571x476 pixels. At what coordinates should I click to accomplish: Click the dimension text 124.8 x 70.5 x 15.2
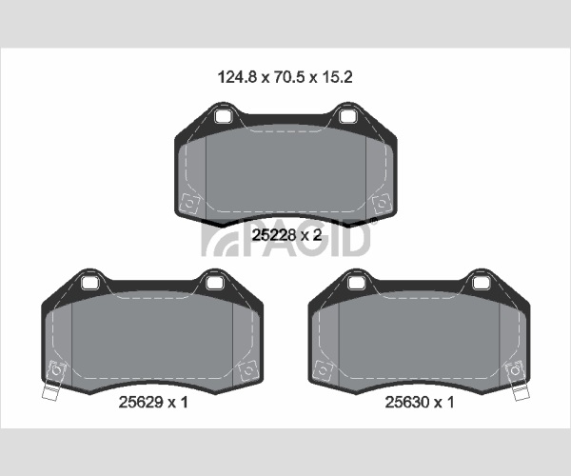[x=285, y=77]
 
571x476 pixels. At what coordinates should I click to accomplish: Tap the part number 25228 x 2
[x=287, y=235]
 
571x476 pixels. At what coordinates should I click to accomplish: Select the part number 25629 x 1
[x=153, y=402]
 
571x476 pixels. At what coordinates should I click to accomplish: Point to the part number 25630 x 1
[x=420, y=402]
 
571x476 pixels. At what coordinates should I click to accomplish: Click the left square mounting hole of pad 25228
[x=222, y=116]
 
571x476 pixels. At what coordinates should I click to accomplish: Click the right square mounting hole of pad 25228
[x=346, y=116]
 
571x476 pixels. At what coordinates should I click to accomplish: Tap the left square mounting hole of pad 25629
[x=89, y=283]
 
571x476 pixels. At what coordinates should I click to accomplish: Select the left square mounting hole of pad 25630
[x=355, y=283]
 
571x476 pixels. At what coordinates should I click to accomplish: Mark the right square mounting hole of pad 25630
[x=480, y=283]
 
